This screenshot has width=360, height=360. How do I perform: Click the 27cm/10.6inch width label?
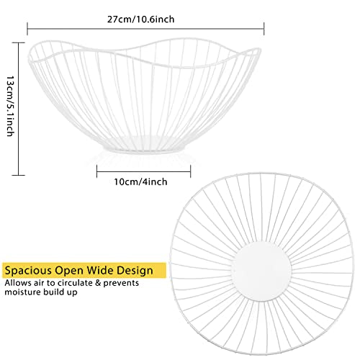[x=140, y=19]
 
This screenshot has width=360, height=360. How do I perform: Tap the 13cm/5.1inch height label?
[x=10, y=107]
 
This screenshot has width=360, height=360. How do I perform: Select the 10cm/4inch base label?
[x=140, y=182]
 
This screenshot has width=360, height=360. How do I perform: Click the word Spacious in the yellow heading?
[x=28, y=271]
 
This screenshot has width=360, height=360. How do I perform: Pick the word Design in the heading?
[x=135, y=271]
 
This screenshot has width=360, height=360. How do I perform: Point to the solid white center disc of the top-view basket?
[x=261, y=271]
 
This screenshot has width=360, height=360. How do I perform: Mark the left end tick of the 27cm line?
[x=27, y=29]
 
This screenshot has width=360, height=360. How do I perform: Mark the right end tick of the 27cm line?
[x=264, y=29]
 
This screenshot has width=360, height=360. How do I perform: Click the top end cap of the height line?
[x=19, y=42]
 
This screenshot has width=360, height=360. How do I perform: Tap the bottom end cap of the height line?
[x=19, y=175]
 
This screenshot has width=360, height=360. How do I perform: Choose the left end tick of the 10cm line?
[x=97, y=171]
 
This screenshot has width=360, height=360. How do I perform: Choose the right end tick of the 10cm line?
[x=191, y=171]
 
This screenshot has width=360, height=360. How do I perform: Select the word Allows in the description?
[x=18, y=283]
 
